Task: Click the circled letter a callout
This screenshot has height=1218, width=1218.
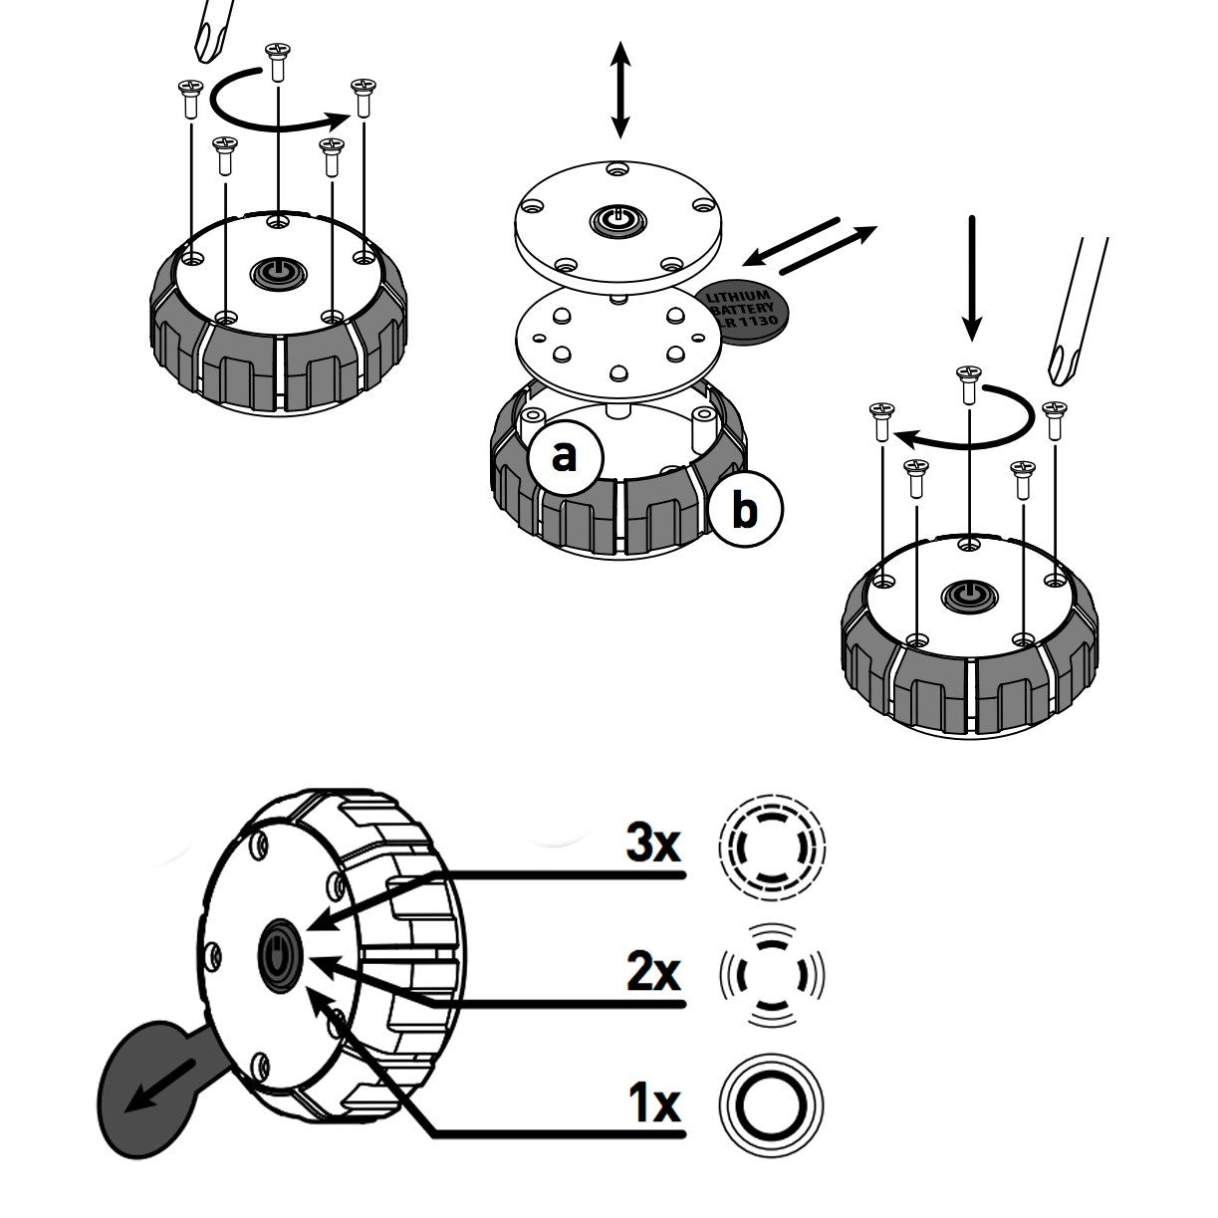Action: pyautogui.click(x=565, y=457)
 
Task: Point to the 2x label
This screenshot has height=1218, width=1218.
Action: pyautogui.click(x=652, y=972)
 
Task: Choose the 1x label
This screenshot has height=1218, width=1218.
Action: pyautogui.click(x=652, y=1102)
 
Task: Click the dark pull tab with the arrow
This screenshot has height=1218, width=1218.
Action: pyautogui.click(x=149, y=1085)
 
